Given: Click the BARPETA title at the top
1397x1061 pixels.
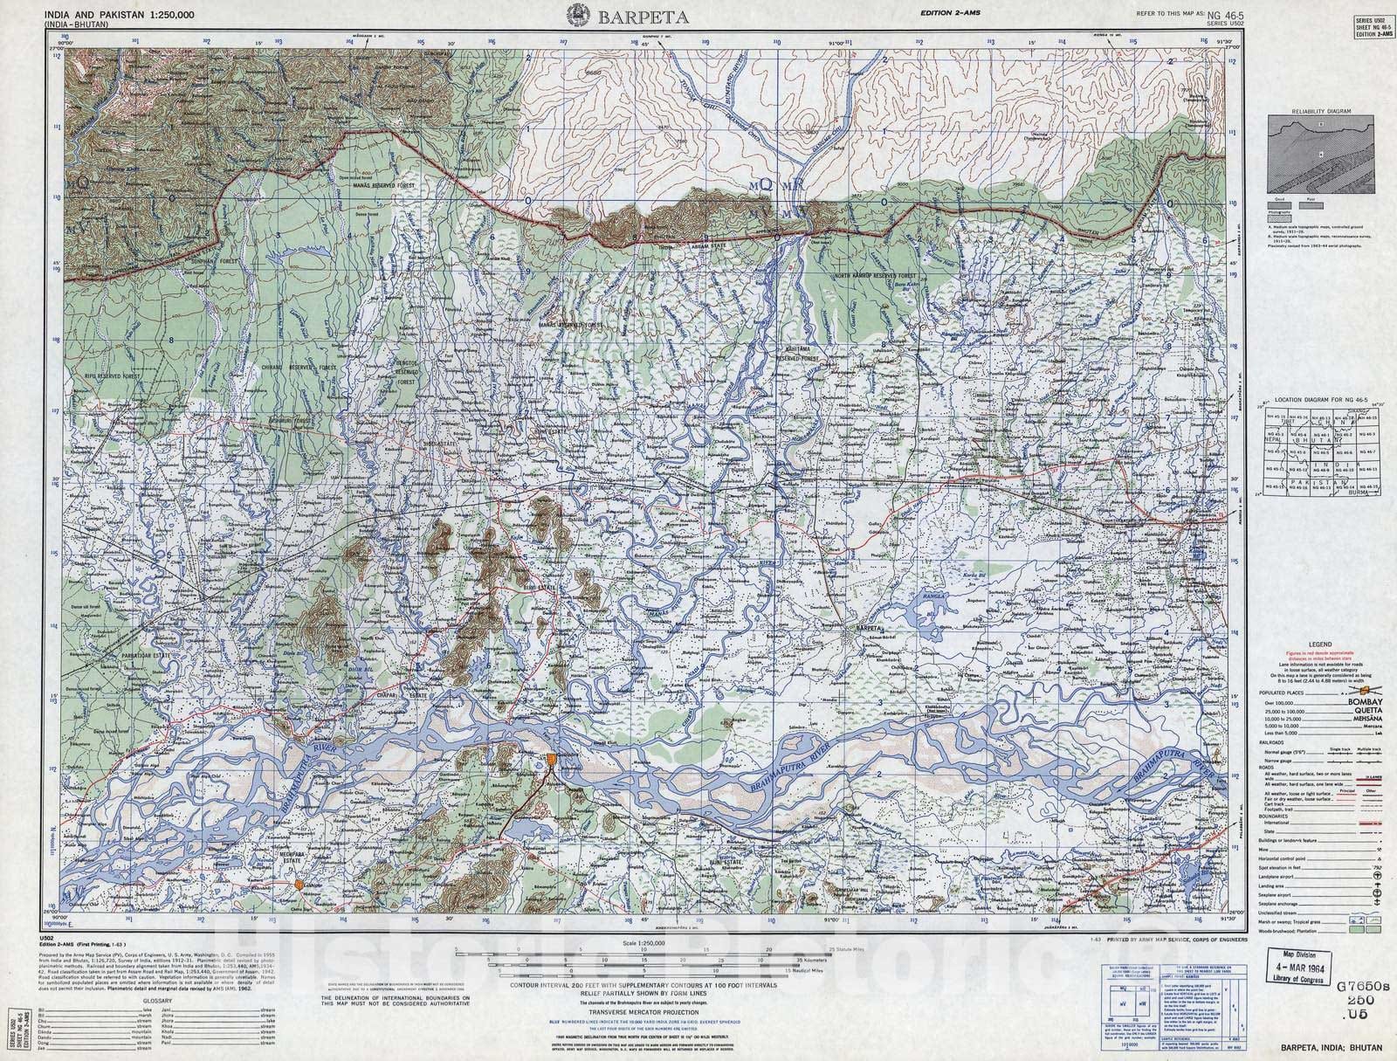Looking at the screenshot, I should coord(632,16).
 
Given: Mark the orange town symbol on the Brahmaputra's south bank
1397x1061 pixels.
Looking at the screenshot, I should coord(552,761).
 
